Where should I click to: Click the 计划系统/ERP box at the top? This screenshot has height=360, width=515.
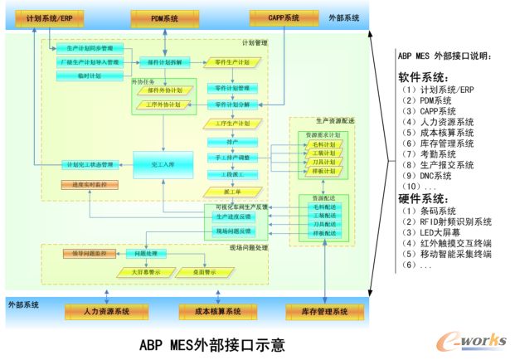pos(54,17)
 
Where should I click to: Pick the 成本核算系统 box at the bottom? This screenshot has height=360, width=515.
pos(211,312)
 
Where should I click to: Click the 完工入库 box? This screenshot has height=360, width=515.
pos(163,163)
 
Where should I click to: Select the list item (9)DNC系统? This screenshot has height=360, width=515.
pos(426,176)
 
